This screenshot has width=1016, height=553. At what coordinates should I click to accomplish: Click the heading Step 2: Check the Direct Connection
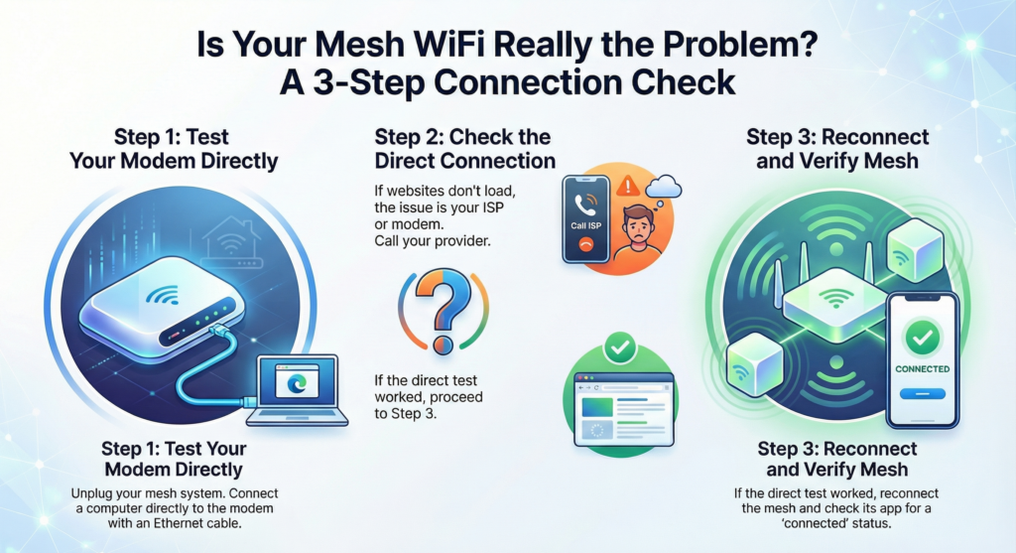[x=463, y=148]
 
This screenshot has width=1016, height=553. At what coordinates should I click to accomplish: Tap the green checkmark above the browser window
[x=620, y=348]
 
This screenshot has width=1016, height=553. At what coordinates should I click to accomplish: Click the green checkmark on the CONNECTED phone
[x=922, y=338]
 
